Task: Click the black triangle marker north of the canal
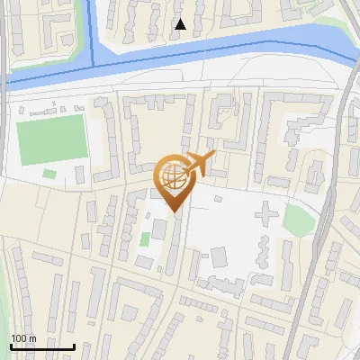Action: coord(180,24)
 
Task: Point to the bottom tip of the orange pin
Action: coord(173,211)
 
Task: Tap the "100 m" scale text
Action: coord(23,338)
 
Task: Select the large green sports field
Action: coord(51,139)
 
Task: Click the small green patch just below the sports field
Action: coord(49,173)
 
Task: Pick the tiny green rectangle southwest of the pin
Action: coord(145,239)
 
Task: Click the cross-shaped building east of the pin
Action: coord(266,215)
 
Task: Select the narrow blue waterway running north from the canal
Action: coord(91,27)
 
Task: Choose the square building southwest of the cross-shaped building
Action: coord(219,257)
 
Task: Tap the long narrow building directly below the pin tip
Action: coord(173,243)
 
